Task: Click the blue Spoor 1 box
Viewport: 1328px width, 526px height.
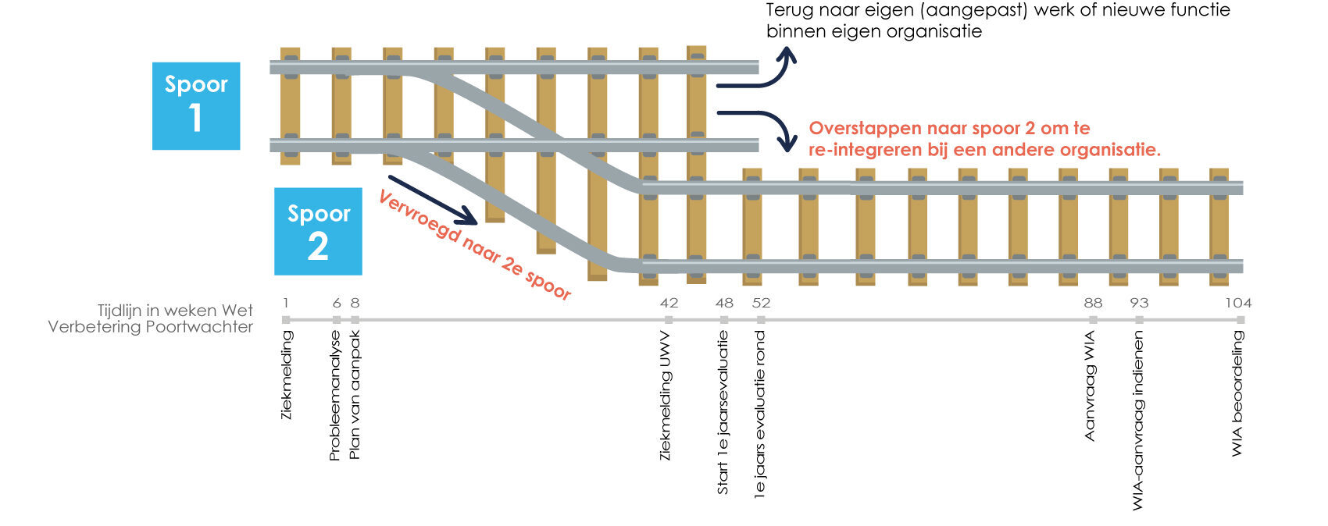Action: tap(196, 105)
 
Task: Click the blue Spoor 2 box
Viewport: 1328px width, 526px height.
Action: tap(318, 231)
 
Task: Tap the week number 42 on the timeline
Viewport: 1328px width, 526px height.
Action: tap(669, 303)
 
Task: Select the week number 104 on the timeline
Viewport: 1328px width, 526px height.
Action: tap(1237, 303)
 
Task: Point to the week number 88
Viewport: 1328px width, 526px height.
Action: tap(1093, 303)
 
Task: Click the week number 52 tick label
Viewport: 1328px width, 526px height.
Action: tap(761, 303)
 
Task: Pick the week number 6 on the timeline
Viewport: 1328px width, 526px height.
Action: tap(337, 303)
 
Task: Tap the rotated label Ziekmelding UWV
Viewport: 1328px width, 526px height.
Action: tap(666, 396)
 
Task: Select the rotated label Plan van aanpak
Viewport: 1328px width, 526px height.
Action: tap(355, 396)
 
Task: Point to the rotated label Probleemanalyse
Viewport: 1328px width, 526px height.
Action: tap(335, 396)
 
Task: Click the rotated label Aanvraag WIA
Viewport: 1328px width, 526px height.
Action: tap(1091, 386)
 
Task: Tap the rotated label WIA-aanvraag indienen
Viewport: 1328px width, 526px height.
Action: tap(1138, 421)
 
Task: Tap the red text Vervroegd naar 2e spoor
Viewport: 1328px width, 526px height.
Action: tap(475, 245)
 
